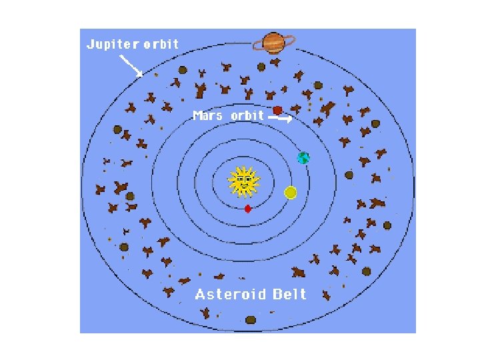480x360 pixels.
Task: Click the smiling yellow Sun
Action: [x=243, y=182]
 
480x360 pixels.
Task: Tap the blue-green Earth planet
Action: [x=303, y=158]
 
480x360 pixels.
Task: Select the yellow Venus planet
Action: [x=290, y=193]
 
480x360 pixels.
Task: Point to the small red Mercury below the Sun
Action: [x=248, y=209]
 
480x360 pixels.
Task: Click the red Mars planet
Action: [x=277, y=110]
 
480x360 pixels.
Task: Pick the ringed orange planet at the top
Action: [x=273, y=43]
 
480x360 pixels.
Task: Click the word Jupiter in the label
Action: [x=113, y=45]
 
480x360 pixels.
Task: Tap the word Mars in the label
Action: [x=207, y=116]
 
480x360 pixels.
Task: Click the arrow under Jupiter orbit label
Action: [x=131, y=65]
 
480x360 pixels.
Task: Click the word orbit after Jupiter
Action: [x=161, y=45]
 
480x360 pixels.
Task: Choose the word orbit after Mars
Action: [x=247, y=116]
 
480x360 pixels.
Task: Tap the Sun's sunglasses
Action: [x=243, y=179]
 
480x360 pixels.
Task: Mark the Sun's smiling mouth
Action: [x=243, y=187]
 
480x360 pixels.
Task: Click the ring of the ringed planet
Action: [x=256, y=46]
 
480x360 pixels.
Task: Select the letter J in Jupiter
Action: [x=91, y=45]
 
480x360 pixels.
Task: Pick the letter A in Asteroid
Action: [x=200, y=294]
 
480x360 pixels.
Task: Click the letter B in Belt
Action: [x=277, y=294]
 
